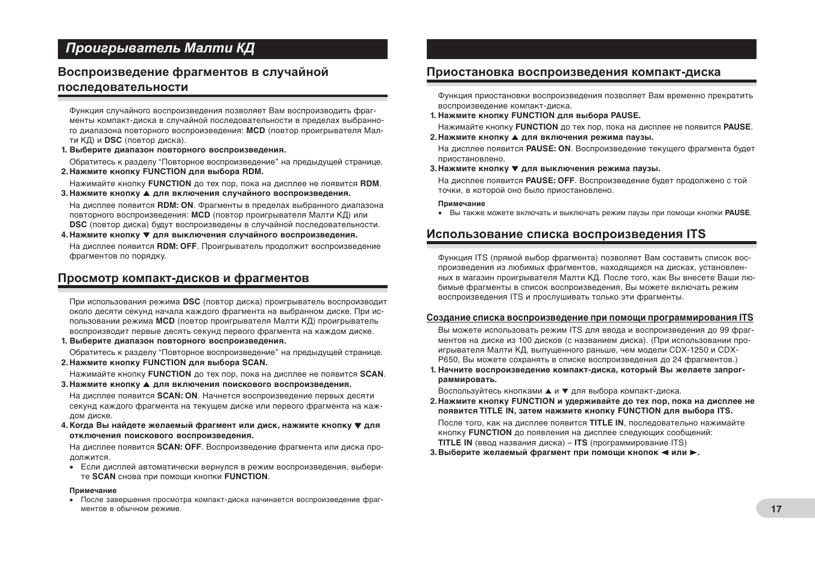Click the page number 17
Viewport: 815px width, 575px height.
[x=776, y=509]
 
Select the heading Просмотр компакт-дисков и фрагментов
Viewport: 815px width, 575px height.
[x=183, y=278]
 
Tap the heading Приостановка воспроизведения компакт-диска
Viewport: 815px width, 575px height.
[x=573, y=72]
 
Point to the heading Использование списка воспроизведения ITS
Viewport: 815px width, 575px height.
[x=565, y=234]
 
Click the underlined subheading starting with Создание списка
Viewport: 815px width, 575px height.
[x=590, y=318]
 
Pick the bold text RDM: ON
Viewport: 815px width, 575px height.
[x=175, y=205]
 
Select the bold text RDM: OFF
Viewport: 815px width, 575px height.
[x=177, y=246]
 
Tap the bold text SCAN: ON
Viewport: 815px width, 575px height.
[x=177, y=396]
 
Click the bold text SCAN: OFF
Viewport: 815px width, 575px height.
[x=179, y=447]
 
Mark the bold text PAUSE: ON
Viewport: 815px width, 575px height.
[x=548, y=148]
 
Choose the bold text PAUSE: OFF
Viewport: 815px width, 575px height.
[x=550, y=180]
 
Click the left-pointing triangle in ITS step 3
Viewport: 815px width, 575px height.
[x=665, y=453]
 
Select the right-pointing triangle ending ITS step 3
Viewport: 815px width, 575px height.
[x=693, y=453]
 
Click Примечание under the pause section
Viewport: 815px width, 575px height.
[x=461, y=204]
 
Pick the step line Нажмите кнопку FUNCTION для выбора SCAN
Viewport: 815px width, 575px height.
[x=168, y=362]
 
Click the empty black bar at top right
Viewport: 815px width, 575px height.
[x=591, y=49]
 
